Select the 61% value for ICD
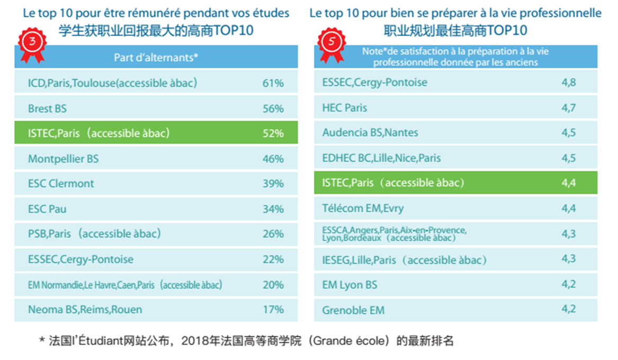click(x=273, y=83)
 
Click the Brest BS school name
click(x=47, y=109)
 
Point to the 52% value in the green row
click(x=273, y=133)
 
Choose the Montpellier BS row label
click(x=63, y=159)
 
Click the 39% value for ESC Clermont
click(x=273, y=184)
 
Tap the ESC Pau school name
click(x=47, y=209)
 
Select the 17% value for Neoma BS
click(x=273, y=310)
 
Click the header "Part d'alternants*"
click(x=156, y=58)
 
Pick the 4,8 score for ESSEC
click(x=569, y=83)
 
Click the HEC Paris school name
click(x=344, y=108)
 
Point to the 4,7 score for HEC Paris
click(x=569, y=108)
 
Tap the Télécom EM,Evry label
click(x=363, y=209)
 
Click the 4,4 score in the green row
click(x=569, y=183)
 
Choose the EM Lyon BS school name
click(x=350, y=285)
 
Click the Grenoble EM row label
click(x=353, y=310)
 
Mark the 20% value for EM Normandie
click(x=273, y=285)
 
